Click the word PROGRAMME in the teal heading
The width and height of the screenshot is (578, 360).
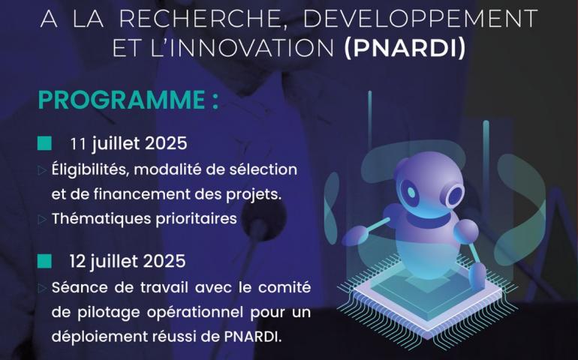[122, 100]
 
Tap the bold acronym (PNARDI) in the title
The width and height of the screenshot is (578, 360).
[405, 48]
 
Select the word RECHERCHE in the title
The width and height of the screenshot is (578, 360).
[199, 19]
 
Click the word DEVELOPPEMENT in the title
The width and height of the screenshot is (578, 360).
[420, 18]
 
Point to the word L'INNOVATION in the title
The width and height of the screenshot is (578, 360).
[242, 48]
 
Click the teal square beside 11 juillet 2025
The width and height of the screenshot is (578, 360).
[44, 143]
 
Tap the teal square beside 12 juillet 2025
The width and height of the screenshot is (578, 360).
[44, 261]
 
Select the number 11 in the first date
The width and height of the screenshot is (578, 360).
[78, 144]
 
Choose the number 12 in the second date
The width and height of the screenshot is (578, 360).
[77, 262]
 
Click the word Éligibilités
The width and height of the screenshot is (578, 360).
[90, 170]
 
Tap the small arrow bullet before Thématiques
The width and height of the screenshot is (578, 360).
[42, 220]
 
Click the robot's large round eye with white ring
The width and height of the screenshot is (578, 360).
[454, 195]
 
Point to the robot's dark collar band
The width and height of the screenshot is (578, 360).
[429, 219]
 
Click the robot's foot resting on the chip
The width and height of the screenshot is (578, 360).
[478, 274]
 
